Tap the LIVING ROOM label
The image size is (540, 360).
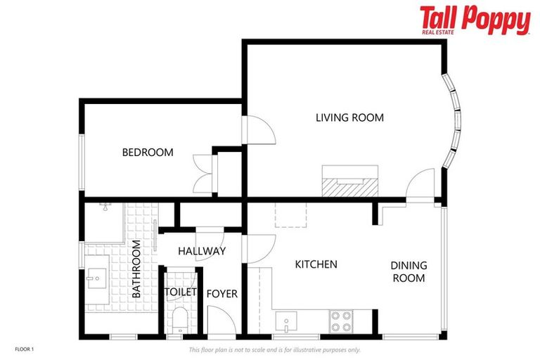point(349,117)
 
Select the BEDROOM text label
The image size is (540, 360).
point(148,152)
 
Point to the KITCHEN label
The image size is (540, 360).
point(316,264)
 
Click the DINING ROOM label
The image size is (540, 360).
point(409,271)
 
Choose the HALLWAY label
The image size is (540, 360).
point(201,251)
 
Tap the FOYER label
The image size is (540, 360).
point(221,293)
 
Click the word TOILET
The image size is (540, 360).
point(181,292)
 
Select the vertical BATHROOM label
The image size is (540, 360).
point(136,269)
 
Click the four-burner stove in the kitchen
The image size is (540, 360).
point(341,321)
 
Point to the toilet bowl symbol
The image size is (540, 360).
point(181,320)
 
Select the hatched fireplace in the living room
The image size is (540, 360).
point(350,186)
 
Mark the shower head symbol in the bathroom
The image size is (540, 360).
point(105,207)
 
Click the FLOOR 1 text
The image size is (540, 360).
point(24,349)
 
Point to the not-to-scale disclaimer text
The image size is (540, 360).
point(274,349)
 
